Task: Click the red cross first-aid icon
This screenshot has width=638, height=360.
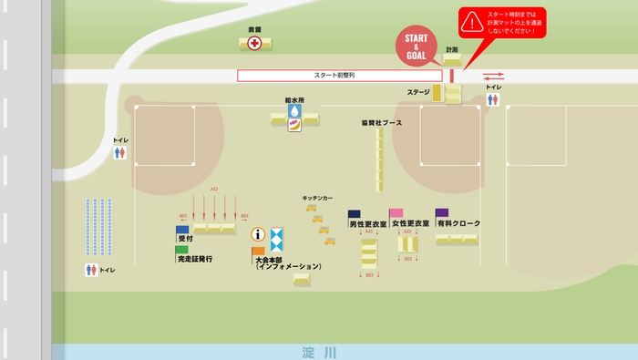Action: (254, 43)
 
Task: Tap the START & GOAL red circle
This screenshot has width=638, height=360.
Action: (415, 47)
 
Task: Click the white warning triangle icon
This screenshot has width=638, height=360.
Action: (471, 20)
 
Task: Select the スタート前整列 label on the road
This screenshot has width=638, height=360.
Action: (334, 76)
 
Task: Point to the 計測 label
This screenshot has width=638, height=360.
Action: (452, 49)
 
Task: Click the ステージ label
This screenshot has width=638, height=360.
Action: (418, 93)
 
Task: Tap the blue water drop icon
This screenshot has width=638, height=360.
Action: (294, 110)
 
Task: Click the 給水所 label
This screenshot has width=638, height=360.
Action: (293, 99)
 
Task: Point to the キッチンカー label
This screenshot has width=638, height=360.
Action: (317, 198)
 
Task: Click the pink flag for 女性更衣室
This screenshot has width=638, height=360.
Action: (396, 213)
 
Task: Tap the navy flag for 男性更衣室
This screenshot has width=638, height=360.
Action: (354, 214)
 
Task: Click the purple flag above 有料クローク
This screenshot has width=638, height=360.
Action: (442, 212)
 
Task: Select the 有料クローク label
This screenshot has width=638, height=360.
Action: (458, 223)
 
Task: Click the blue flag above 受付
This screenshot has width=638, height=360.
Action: (182, 229)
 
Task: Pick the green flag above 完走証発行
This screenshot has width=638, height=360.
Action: (182, 249)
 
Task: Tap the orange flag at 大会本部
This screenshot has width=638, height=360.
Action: (259, 250)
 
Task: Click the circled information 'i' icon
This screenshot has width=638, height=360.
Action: (258, 234)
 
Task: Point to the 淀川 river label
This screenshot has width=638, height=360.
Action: (319, 352)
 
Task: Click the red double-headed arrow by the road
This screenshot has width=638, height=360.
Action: (493, 77)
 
